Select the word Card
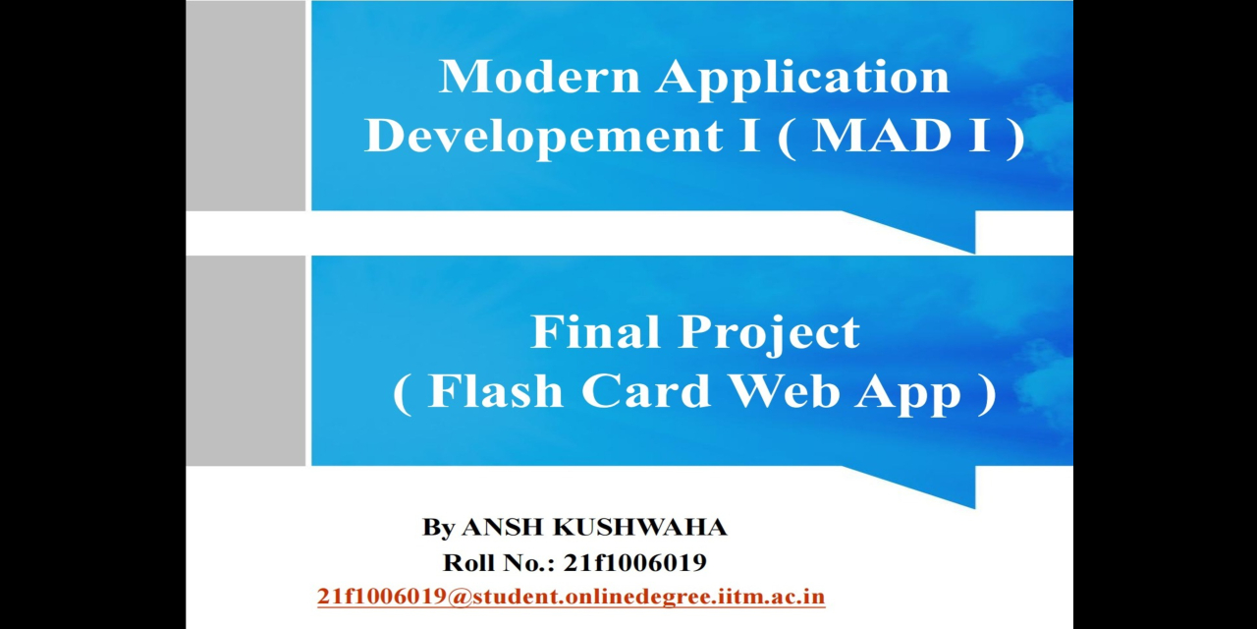(x=645, y=391)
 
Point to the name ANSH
(x=502, y=528)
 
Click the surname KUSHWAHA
(x=640, y=528)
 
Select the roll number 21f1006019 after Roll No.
(x=634, y=563)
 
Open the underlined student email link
(x=571, y=597)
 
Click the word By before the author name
(x=438, y=529)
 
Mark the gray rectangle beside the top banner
(x=246, y=105)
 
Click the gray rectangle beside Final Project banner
(x=246, y=361)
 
